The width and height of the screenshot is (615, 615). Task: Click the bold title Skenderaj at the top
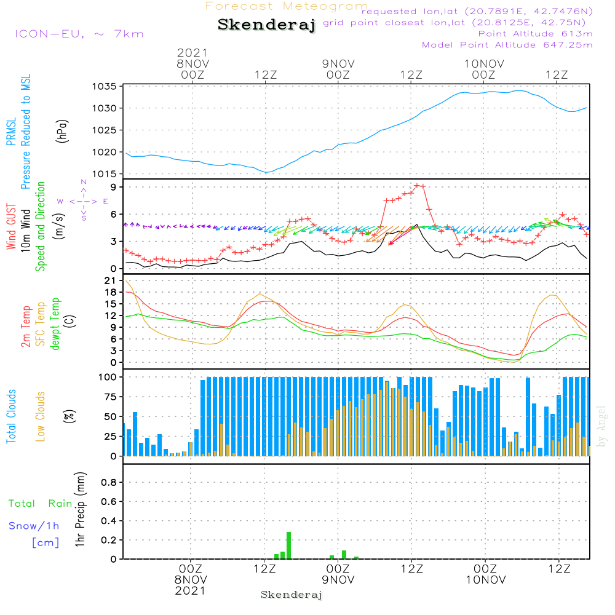click(x=266, y=25)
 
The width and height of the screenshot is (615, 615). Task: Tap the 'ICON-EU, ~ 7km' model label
click(x=79, y=33)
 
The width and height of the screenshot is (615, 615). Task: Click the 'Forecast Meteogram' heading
click(x=287, y=6)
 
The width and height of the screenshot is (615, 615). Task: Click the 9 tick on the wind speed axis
click(x=114, y=187)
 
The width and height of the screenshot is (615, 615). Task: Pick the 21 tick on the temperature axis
click(x=111, y=280)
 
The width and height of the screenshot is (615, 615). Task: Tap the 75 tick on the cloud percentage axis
click(x=109, y=397)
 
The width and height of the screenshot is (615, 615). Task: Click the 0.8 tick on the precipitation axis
click(x=109, y=483)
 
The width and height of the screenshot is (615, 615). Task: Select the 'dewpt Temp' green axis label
click(x=55, y=323)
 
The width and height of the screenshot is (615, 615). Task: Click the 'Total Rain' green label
click(x=41, y=504)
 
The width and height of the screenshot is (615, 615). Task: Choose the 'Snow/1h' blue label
click(x=34, y=526)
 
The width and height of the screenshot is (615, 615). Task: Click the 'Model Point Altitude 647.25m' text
click(x=507, y=45)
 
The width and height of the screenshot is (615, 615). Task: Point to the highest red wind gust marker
click(x=418, y=185)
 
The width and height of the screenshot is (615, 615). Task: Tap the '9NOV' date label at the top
click(x=338, y=63)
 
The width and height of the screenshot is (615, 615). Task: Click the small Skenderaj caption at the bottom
click(x=292, y=595)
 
